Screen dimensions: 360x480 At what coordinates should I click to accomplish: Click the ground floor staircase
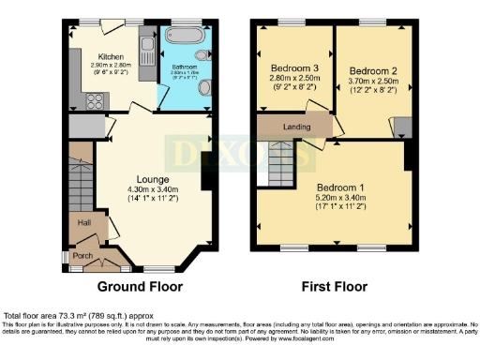(x=82, y=178)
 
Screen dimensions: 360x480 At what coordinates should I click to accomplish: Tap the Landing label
(x=297, y=124)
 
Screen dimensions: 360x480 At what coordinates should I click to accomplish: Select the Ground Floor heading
(x=141, y=286)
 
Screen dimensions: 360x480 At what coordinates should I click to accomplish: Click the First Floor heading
(x=332, y=286)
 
